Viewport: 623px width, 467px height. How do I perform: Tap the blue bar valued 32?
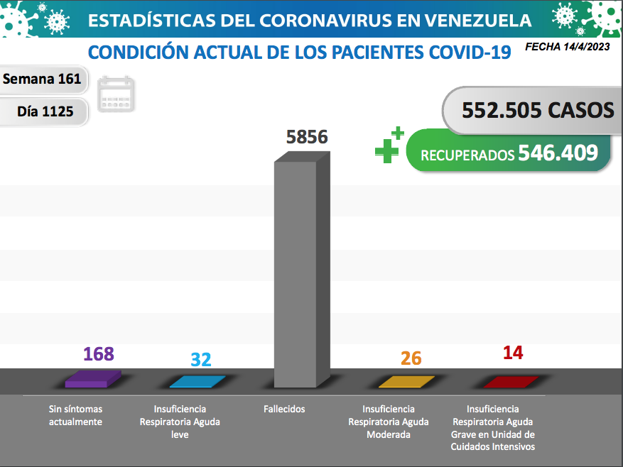tap(198, 382)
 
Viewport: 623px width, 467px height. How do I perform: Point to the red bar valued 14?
tap(511, 382)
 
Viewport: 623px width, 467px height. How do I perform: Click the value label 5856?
tap(307, 136)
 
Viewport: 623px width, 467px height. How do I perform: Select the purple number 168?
tap(99, 354)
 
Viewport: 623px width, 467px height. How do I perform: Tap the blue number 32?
tap(201, 359)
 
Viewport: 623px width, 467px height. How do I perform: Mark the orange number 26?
tap(411, 358)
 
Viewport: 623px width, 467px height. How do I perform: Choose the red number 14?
tap(512, 353)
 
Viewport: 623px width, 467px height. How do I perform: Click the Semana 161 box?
tap(43, 79)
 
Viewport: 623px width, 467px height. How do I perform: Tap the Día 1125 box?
tap(45, 111)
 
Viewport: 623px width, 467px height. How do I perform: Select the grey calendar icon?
tap(117, 94)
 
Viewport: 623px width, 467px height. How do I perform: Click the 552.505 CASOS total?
tap(537, 110)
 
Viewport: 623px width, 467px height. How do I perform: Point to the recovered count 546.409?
tap(558, 153)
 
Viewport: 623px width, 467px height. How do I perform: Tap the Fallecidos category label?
tap(284, 409)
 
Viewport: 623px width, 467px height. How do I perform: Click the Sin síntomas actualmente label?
tap(75, 415)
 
